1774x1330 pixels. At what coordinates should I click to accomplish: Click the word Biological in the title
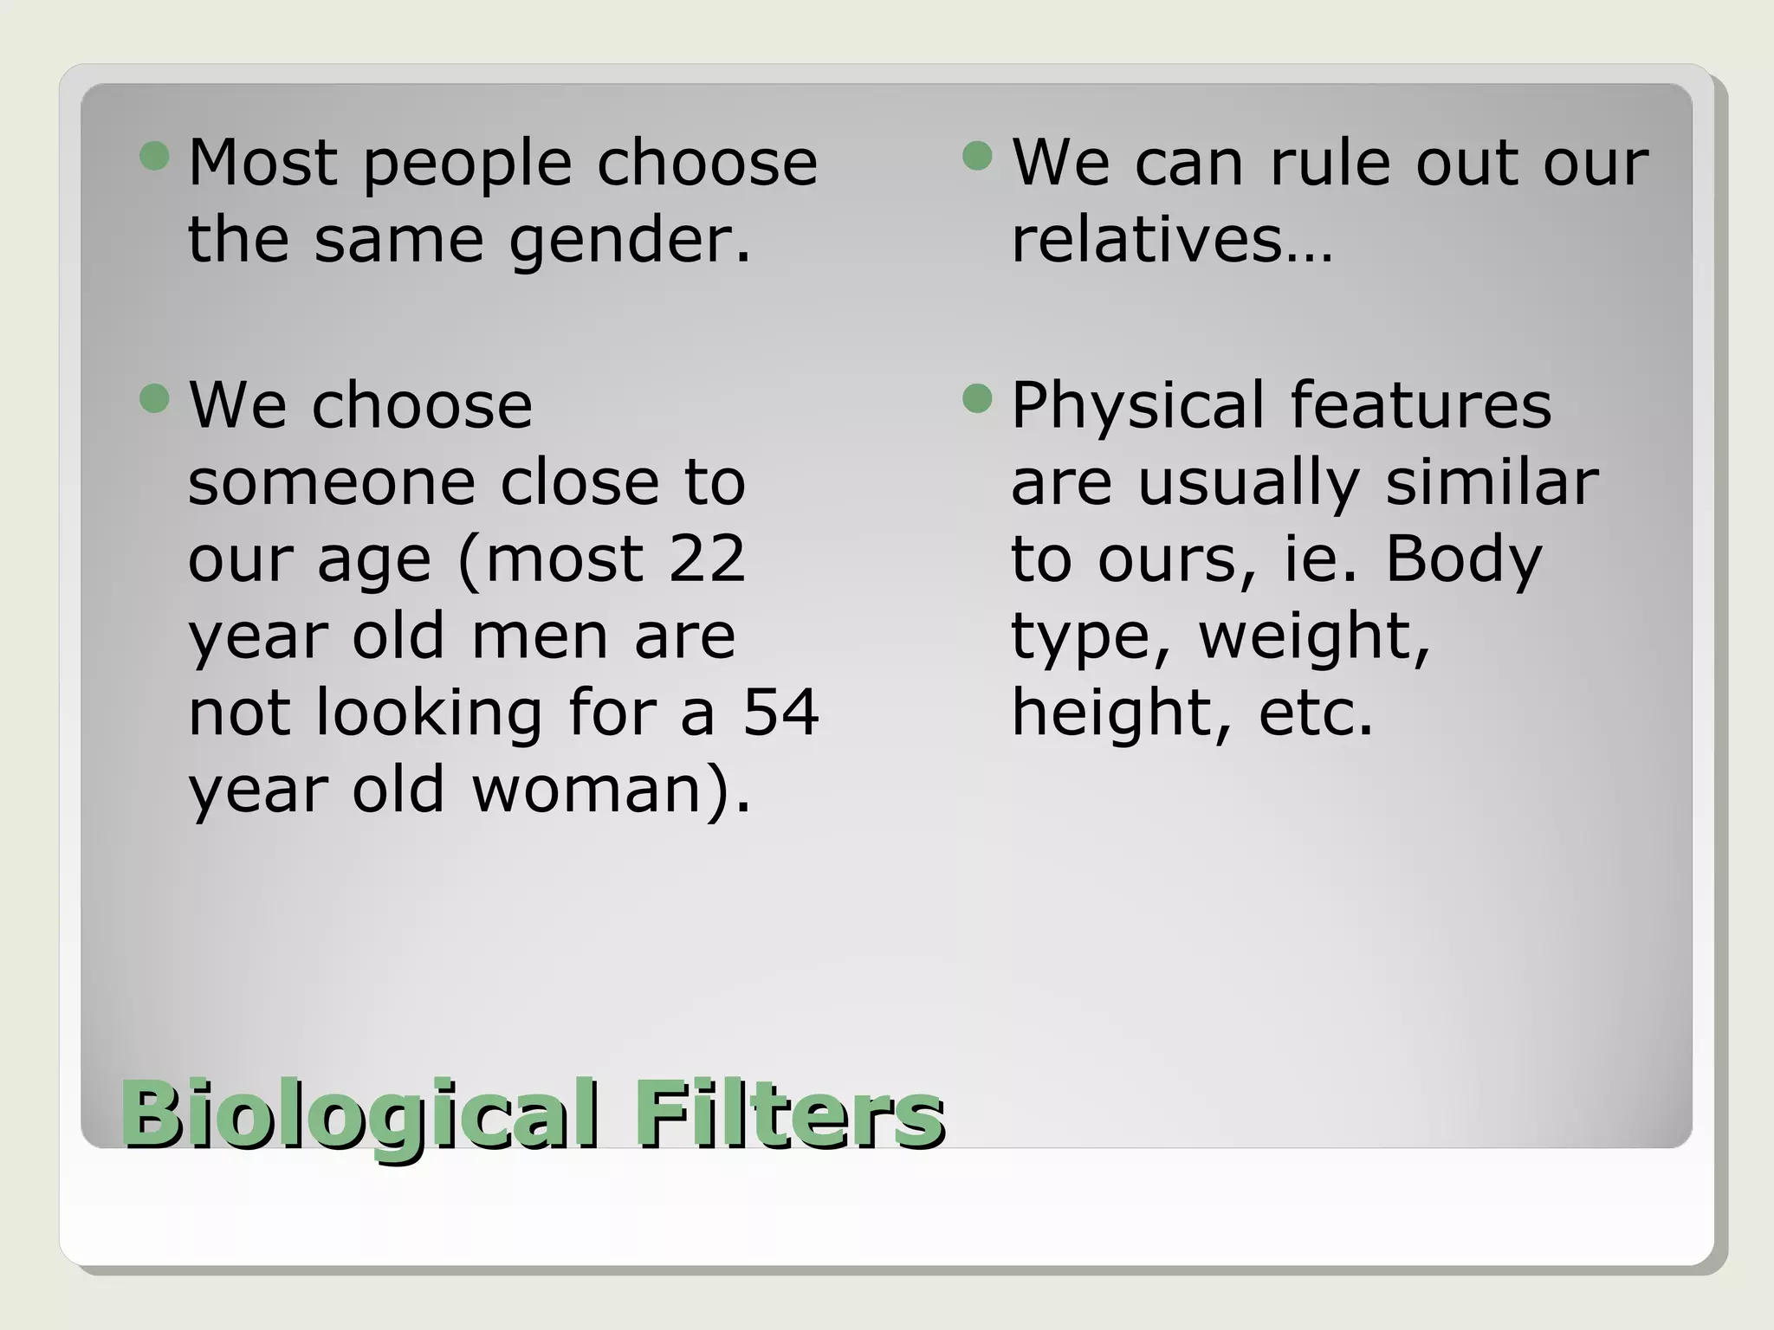[359, 1114]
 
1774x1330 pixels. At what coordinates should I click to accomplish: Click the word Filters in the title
[789, 1114]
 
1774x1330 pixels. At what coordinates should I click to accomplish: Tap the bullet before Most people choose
[154, 157]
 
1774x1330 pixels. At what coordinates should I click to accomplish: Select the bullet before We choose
[154, 399]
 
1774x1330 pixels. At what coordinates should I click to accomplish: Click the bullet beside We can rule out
[977, 157]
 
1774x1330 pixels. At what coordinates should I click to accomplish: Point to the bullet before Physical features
[977, 399]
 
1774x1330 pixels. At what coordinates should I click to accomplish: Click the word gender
[629, 241]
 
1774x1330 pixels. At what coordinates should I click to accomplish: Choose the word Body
[1464, 560]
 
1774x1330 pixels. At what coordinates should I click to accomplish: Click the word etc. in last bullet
[1315, 713]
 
